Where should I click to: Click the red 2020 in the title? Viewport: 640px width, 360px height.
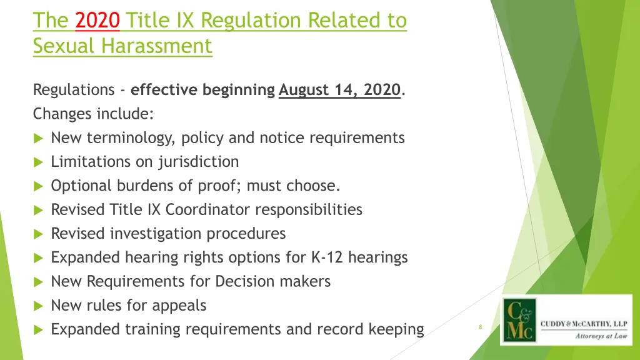click(97, 21)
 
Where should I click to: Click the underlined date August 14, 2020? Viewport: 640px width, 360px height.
click(339, 90)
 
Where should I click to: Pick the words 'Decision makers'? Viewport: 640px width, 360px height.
click(272, 281)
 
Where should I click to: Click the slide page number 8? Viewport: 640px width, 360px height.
click(480, 327)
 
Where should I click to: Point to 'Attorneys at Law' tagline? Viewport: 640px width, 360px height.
click(601, 336)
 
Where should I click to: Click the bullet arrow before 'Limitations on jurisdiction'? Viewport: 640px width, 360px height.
click(38, 162)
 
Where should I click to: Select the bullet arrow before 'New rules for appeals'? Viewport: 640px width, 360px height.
click(38, 306)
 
